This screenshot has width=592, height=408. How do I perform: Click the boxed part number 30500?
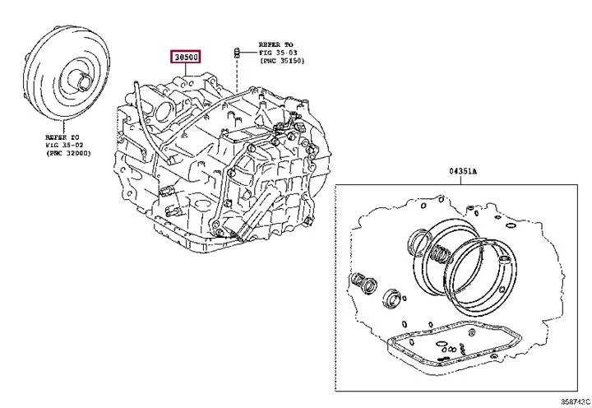[185, 58]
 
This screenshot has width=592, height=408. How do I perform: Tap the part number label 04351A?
[462, 171]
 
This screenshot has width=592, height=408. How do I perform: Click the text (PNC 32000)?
[68, 153]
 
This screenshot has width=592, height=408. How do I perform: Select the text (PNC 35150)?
[281, 60]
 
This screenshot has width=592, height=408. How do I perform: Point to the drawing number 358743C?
[575, 401]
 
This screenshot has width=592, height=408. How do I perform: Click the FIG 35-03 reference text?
[278, 53]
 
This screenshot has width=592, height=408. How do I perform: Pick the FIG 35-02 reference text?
[65, 145]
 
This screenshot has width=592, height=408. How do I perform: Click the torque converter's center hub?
[84, 81]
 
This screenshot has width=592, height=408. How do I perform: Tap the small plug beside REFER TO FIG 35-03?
[237, 53]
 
